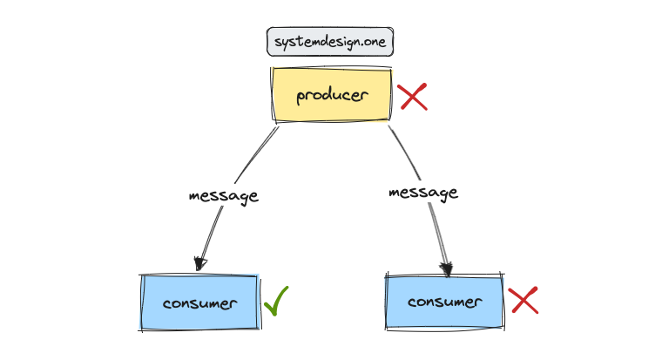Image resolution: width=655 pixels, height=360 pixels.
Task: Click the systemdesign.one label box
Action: [329, 42]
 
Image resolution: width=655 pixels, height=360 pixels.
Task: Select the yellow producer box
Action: [331, 94]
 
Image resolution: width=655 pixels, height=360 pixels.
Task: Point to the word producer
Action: [331, 95]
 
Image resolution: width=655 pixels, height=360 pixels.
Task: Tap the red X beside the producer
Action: [413, 97]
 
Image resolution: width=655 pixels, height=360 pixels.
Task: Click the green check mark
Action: [276, 301]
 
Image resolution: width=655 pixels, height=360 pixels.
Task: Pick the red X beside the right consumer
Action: [523, 301]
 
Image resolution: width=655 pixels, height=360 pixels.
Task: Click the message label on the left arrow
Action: [224, 195]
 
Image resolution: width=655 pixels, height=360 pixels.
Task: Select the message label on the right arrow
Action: [423, 193]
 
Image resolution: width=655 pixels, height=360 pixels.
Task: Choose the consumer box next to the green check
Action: [199, 303]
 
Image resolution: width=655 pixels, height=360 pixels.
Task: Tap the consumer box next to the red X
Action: [444, 302]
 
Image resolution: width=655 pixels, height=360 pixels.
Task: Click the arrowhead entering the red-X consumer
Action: [447, 268]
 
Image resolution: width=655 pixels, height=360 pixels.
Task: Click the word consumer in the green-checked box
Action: [199, 304]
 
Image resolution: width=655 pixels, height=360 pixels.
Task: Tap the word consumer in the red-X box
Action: [444, 302]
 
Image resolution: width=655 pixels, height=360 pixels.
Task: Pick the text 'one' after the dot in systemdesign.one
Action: [372, 42]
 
